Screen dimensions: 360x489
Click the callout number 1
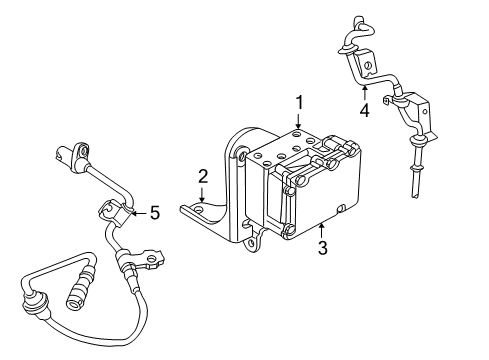pos(298,102)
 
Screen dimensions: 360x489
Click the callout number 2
pos(202,177)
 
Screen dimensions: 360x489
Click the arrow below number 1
pos(298,122)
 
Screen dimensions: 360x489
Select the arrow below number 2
pos(202,196)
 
